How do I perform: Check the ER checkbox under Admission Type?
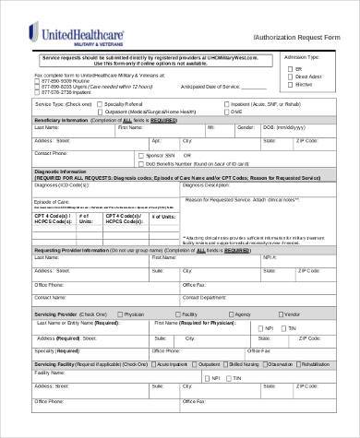[x=284, y=68]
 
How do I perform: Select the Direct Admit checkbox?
[x=284, y=76]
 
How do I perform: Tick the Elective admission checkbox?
[x=284, y=83]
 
